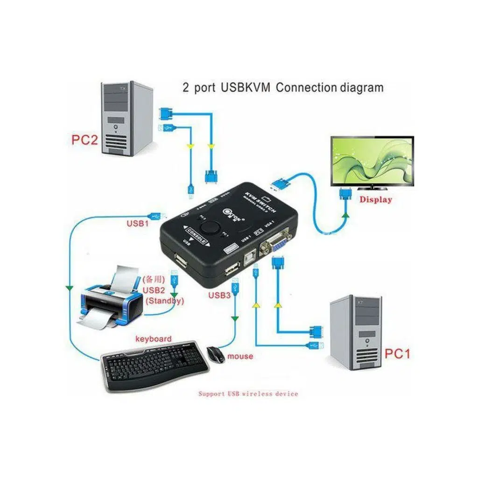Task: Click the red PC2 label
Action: [x=84, y=140]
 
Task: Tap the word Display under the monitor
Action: [x=375, y=200]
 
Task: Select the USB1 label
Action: [x=138, y=224]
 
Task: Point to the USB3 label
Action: [x=219, y=295]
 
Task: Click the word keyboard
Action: [x=153, y=339]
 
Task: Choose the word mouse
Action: [x=240, y=356]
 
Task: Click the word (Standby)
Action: [x=165, y=301]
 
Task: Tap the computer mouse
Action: [x=215, y=354]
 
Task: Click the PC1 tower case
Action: [x=355, y=332]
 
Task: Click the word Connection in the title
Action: [x=306, y=87]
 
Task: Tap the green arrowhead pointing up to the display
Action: [x=345, y=215]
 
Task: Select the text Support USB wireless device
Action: [x=248, y=394]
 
